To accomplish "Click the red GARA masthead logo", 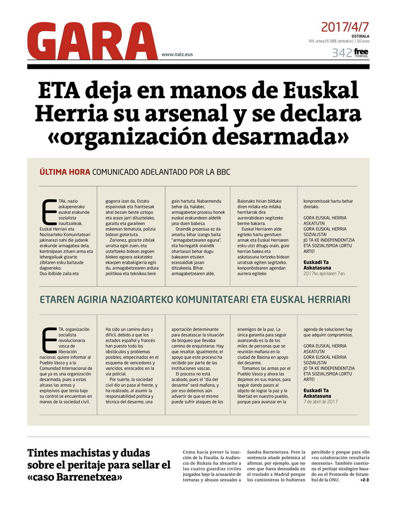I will [92, 41].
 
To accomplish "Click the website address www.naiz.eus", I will [177, 54].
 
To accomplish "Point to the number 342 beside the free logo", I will [341, 53].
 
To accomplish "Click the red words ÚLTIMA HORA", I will [65, 172].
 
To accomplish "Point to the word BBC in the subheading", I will [221, 172].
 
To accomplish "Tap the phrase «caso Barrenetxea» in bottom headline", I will [74, 477].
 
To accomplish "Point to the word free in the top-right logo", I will [361, 51].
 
